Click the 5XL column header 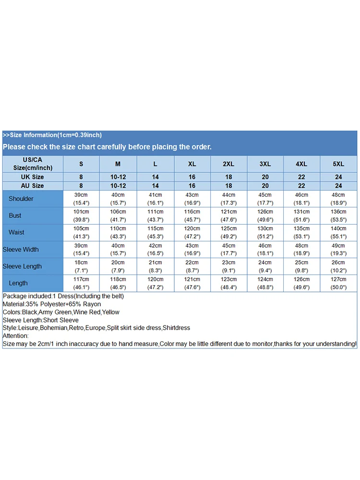[x=338, y=164]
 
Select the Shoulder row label [x=21, y=199]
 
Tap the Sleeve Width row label [x=21, y=250]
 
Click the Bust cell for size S [x=81, y=216]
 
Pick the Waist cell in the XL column [x=192, y=232]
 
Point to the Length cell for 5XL [x=338, y=283]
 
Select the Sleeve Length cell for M [x=118, y=266]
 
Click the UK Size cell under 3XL [x=265, y=177]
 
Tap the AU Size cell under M [x=118, y=186]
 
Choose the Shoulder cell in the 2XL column [x=228, y=199]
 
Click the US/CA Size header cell [x=33, y=164]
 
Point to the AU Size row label [x=33, y=186]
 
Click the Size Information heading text [x=52, y=135]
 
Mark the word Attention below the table [x=15, y=336]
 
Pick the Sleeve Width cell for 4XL [x=301, y=250]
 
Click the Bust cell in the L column [x=155, y=216]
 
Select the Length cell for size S [x=81, y=283]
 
